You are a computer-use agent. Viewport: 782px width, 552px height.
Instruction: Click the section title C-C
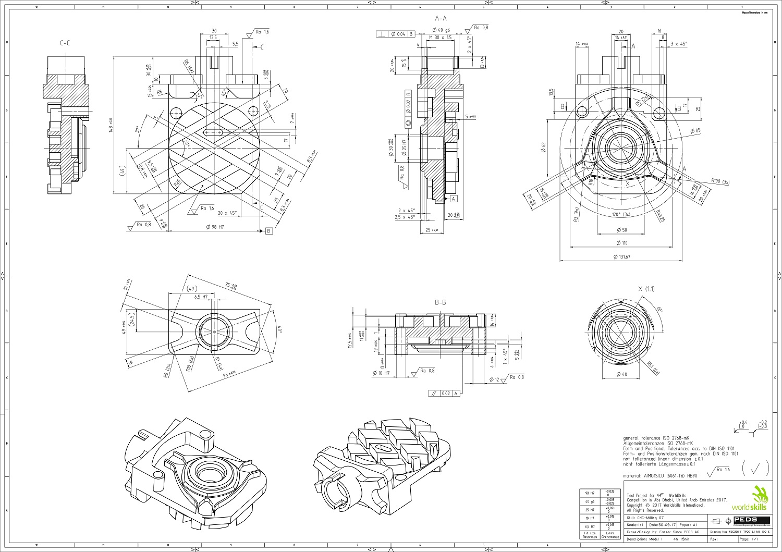(65, 44)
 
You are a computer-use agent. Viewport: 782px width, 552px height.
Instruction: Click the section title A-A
(441, 18)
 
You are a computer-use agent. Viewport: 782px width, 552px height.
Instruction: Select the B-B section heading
(441, 302)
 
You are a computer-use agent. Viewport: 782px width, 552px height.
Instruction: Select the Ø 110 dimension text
(621, 243)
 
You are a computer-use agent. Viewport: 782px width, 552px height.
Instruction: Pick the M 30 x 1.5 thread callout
(439, 38)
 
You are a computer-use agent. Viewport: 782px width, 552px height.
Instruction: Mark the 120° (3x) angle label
(620, 214)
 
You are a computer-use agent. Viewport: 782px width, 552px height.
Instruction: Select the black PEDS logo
(751, 520)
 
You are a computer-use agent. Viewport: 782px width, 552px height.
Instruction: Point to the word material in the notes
(634, 476)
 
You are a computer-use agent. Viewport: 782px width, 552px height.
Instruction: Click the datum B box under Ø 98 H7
(268, 231)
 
